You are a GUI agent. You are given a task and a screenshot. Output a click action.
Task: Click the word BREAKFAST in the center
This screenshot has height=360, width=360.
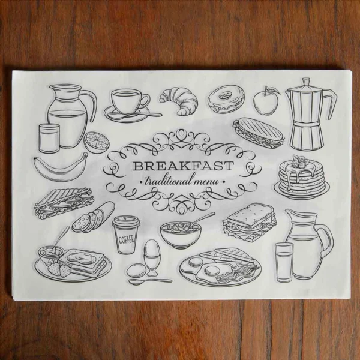pyautogui.click(x=184, y=166)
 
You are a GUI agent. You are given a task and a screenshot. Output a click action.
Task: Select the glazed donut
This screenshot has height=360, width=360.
pyautogui.click(x=226, y=99)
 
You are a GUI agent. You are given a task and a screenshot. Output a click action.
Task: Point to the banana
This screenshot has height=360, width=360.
pyautogui.click(x=60, y=167)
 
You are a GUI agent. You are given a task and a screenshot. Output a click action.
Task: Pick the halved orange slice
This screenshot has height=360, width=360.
pyautogui.click(x=97, y=143)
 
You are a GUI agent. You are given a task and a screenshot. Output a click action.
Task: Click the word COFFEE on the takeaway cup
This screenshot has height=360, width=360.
pyautogui.click(x=126, y=240)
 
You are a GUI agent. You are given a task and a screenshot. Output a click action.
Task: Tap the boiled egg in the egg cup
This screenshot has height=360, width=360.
pyautogui.click(x=152, y=248)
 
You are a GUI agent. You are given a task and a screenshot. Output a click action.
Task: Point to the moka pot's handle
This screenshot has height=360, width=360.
pyautogui.click(x=331, y=105)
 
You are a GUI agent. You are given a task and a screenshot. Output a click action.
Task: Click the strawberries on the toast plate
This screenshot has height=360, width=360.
pyautogui.click(x=59, y=268)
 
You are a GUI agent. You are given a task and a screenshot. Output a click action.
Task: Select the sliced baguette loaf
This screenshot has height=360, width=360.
pyautogui.click(x=93, y=217)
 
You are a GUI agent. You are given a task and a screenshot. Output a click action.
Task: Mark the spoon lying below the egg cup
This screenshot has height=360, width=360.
pyautogui.click(x=150, y=281)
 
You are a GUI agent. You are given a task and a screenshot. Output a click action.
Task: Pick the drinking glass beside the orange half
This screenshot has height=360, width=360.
pyautogui.click(x=49, y=139)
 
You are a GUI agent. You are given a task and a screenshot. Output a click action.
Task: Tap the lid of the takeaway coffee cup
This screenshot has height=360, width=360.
pyautogui.click(x=126, y=221)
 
